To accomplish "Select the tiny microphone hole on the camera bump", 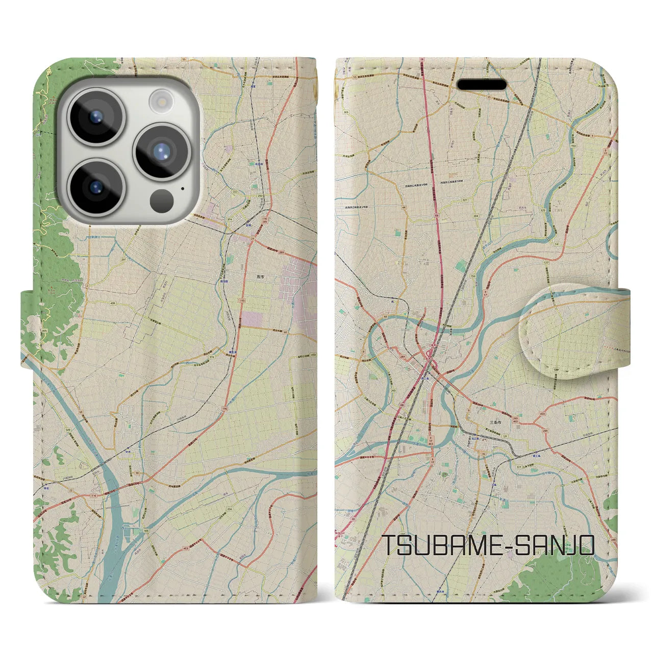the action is coord(183,189).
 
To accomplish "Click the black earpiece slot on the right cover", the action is coord(481,84).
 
